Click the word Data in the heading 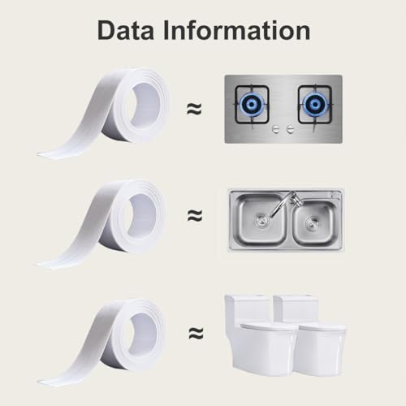pyautogui.click(x=126, y=31)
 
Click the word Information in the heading pyautogui.click(x=237, y=31)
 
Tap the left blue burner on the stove pyautogui.click(x=252, y=104)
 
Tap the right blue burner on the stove pyautogui.click(x=315, y=104)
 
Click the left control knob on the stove pyautogui.click(x=277, y=129)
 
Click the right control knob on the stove pyautogui.click(x=291, y=129)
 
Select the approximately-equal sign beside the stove pyautogui.click(x=195, y=109)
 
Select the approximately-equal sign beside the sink pyautogui.click(x=195, y=215)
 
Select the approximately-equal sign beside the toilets pyautogui.click(x=196, y=333)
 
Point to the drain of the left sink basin pyautogui.click(x=261, y=219)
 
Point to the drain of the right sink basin pyautogui.click(x=312, y=222)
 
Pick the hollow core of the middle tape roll pyautogui.click(x=142, y=214)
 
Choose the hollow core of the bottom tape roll pyautogui.click(x=143, y=335)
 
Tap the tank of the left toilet pyautogui.click(x=247, y=309)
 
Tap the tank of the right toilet pyautogui.click(x=296, y=309)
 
